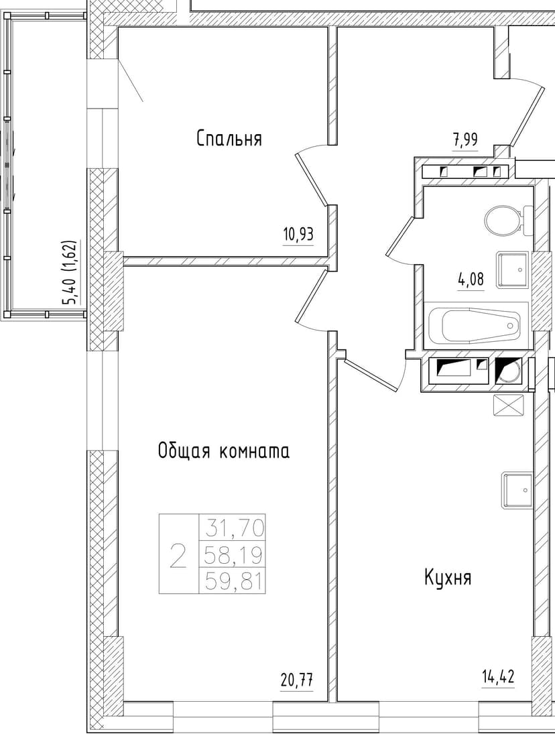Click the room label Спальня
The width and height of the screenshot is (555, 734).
click(229, 139)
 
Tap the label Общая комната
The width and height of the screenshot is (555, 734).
click(223, 451)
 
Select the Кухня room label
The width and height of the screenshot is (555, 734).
click(448, 577)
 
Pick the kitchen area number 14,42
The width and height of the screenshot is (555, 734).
click(497, 674)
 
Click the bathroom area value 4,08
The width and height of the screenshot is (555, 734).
click(471, 280)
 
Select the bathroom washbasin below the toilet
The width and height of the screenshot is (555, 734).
click(513, 269)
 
